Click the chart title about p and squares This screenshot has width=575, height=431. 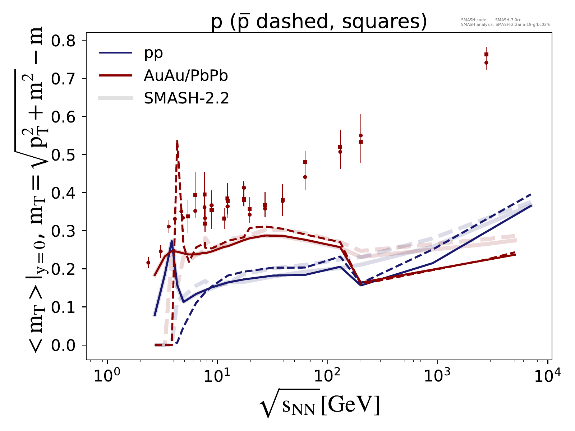[x=319, y=22]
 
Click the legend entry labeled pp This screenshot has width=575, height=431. [x=153, y=53]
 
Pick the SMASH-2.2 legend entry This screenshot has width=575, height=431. [x=186, y=98]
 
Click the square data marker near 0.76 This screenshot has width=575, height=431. [x=486, y=55]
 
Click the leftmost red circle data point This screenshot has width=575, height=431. [x=148, y=263]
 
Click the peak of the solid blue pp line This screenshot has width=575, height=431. [x=172, y=241]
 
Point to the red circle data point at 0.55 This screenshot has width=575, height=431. [x=361, y=135]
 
